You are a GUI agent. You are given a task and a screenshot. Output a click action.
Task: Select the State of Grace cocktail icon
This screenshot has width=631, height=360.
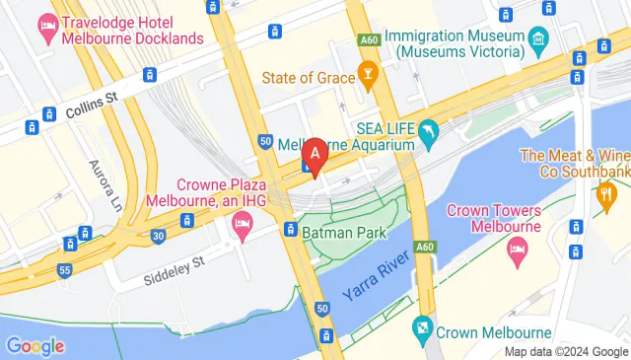click(x=367, y=75)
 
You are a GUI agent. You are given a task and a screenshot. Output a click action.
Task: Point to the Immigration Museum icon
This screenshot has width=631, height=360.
click(x=537, y=42)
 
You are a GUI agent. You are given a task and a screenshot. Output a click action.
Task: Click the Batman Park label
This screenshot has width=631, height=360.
click(x=343, y=232)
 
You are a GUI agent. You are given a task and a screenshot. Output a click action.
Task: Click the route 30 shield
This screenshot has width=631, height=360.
click(x=159, y=235)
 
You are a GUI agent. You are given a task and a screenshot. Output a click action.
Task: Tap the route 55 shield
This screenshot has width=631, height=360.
click(x=64, y=268)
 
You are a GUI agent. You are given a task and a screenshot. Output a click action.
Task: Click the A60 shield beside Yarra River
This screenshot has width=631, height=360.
click(x=424, y=247)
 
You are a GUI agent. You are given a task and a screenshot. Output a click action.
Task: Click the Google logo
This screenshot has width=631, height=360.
click(x=35, y=345)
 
